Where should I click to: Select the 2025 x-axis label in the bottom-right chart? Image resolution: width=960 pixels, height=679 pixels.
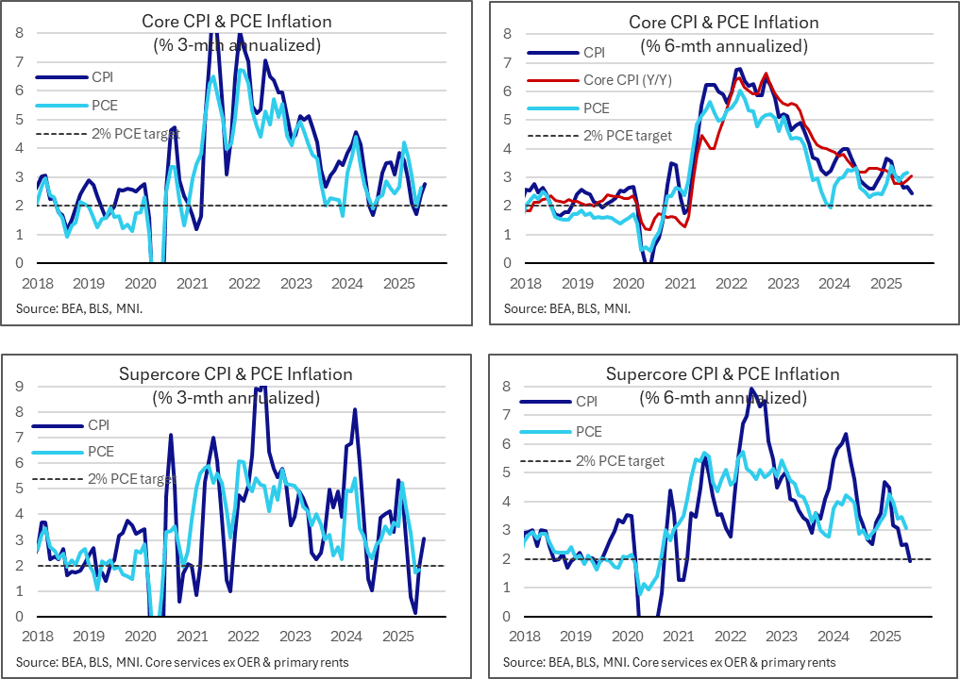click(x=884, y=636)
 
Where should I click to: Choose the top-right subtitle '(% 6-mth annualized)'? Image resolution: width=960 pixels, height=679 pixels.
click(x=723, y=44)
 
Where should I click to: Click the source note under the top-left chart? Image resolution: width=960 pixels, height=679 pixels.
click(x=78, y=308)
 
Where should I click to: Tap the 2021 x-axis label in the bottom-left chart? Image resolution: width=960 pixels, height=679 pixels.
click(x=194, y=636)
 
